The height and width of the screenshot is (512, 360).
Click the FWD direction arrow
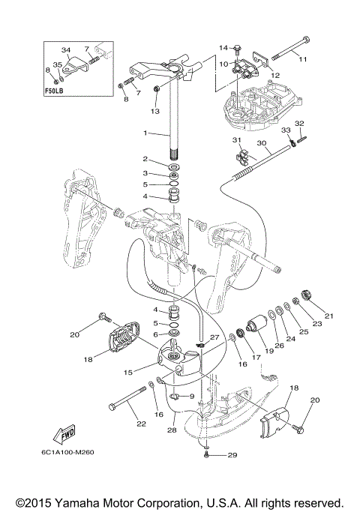(x=64, y=436)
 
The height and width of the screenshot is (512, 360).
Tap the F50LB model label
(x=54, y=91)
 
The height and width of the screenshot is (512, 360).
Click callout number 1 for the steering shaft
(x=145, y=133)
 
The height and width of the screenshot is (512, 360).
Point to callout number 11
(x=303, y=59)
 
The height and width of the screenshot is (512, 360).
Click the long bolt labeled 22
(x=127, y=398)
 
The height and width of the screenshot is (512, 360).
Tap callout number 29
(x=232, y=455)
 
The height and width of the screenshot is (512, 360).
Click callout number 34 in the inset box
(x=66, y=50)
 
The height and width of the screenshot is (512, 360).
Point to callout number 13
(x=154, y=111)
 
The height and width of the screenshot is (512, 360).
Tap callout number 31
(x=236, y=140)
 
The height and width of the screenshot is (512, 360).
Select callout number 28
(x=172, y=430)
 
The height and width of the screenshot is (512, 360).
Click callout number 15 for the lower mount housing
(x=128, y=373)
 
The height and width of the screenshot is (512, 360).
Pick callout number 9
(x=192, y=397)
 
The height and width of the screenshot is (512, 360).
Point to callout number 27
(x=214, y=337)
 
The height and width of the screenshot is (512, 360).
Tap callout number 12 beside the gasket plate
(x=275, y=75)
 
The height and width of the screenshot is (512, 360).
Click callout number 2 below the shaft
(x=145, y=159)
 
